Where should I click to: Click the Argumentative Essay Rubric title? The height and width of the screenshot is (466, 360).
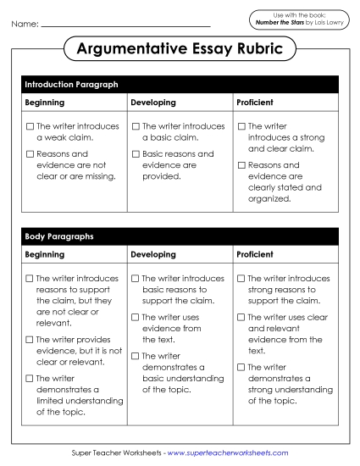(180, 49)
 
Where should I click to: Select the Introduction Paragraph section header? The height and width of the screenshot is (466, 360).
(71, 85)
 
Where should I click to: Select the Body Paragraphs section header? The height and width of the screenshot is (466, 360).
(59, 236)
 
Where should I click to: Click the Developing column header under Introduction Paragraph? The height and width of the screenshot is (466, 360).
(153, 103)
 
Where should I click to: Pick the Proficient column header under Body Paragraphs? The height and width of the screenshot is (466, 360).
(255, 254)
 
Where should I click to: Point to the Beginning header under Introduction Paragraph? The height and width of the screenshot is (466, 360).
(44, 103)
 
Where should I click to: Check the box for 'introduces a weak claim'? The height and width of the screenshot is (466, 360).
(30, 126)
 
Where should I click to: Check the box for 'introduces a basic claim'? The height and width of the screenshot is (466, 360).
(136, 126)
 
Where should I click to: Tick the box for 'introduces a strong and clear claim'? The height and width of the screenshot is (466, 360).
(241, 126)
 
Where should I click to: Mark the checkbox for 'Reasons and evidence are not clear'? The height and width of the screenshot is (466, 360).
(30, 154)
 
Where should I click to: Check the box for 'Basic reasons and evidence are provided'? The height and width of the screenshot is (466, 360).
(136, 154)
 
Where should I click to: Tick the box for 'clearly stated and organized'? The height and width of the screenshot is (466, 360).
(241, 165)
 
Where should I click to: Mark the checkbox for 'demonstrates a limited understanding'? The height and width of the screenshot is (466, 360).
(30, 379)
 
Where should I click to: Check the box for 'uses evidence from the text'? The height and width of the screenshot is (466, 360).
(136, 317)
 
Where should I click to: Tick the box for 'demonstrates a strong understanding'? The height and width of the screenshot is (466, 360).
(241, 367)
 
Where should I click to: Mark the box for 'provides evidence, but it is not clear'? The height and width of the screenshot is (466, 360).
(30, 340)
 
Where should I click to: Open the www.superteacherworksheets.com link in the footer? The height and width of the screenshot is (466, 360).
(228, 453)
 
